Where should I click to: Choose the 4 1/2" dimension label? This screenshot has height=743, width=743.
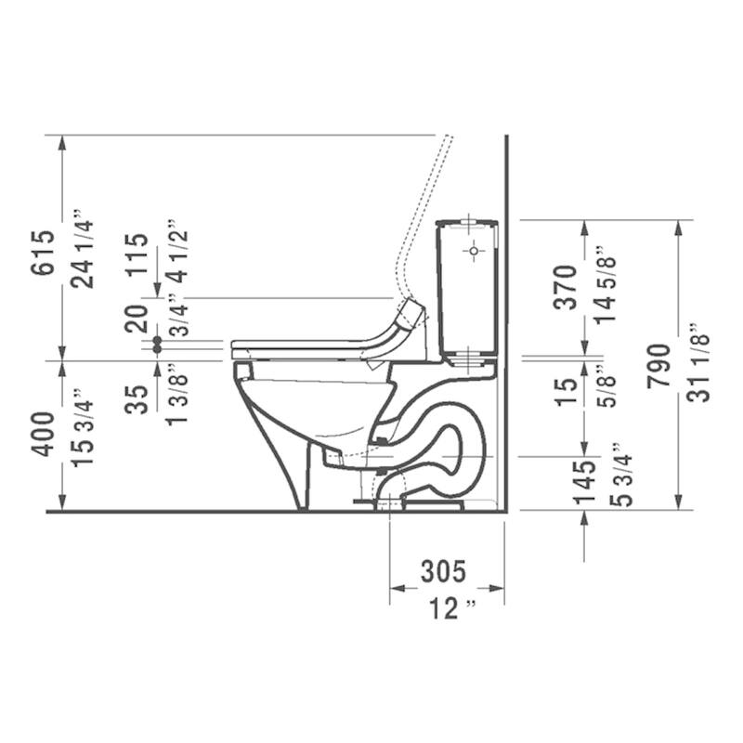point(176,253)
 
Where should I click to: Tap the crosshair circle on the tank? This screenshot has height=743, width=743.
point(474,251)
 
